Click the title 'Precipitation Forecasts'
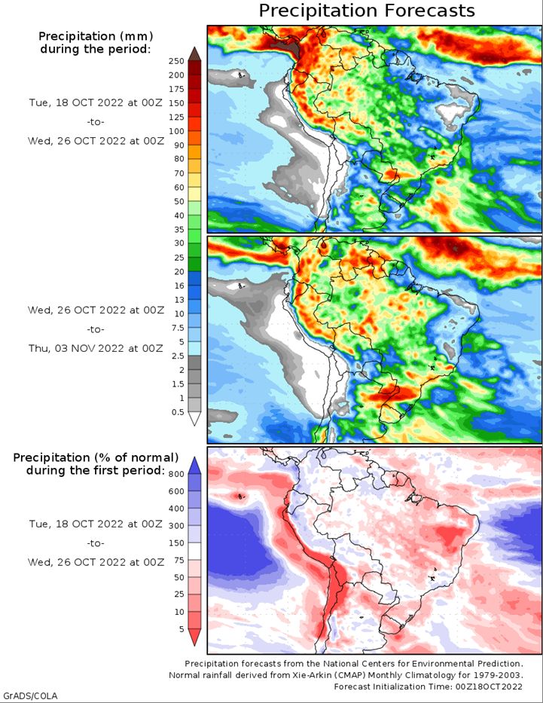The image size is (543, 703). pos(367,11)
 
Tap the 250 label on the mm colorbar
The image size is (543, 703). pos(177,60)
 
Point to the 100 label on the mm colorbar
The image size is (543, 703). pos(177,131)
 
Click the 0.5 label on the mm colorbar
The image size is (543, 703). pos(177,411)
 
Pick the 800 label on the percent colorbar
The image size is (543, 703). pos(176,473)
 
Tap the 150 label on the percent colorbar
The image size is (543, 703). pos(176,543)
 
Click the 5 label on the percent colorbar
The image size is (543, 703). pos(181,628)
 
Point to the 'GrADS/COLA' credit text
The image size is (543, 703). pos(30,695)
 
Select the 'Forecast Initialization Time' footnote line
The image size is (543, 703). pos(428,686)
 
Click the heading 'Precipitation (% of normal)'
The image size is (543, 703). pos(96,457)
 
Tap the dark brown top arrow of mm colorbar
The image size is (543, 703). pos(194,53)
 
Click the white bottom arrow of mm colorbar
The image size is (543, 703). pos(194,419)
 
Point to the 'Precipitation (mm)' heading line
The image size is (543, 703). pos(95,35)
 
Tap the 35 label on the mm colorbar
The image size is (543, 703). pos(177,229)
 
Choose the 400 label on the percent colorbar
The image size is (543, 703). pos(176,508)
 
